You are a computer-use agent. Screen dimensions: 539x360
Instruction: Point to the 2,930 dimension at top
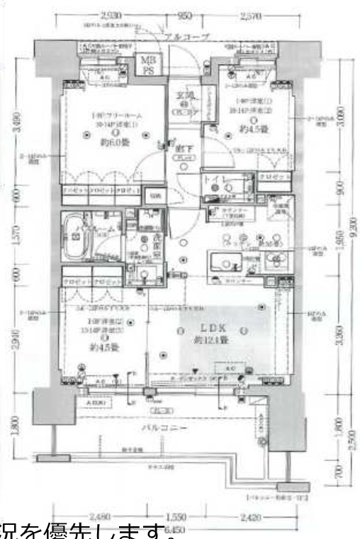113,15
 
